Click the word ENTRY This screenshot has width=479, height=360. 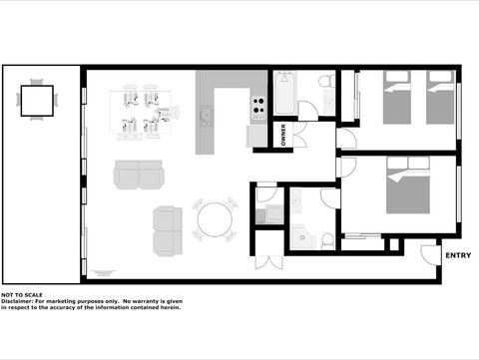click(458, 256)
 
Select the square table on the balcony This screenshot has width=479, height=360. click(38, 100)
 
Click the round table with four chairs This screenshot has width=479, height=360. click(215, 220)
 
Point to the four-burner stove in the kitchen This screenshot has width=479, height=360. click(257, 103)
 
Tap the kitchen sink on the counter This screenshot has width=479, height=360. click(207, 118)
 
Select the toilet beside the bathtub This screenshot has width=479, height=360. click(326, 83)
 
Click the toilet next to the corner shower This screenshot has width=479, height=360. click(326, 238)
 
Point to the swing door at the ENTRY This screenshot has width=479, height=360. click(430, 255)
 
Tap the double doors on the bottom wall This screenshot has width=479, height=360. click(267, 261)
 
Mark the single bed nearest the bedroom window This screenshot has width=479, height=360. click(441, 98)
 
